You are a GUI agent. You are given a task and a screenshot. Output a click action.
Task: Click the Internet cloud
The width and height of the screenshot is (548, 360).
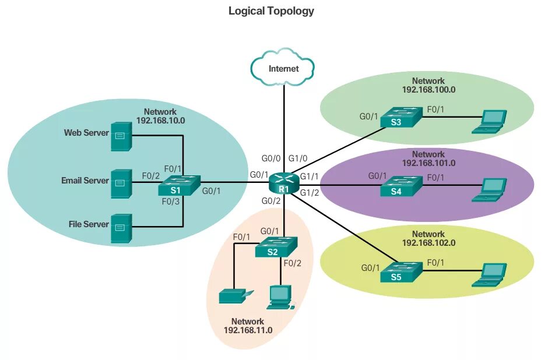[283, 68]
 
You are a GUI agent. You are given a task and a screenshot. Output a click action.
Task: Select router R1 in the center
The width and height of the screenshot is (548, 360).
[284, 183]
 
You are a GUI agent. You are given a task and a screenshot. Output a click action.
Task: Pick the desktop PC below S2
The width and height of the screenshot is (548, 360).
[280, 297]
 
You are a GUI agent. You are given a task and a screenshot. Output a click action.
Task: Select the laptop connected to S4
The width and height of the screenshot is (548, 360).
[490, 189]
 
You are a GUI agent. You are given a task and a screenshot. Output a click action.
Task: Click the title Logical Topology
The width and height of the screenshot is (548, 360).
[271, 10]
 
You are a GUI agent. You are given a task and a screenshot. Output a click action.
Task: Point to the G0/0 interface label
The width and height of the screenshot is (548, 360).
[271, 158]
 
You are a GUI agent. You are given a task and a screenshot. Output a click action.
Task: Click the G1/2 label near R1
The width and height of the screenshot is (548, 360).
[309, 193]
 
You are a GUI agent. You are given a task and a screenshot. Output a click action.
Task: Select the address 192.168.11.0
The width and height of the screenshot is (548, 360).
[248, 330]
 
